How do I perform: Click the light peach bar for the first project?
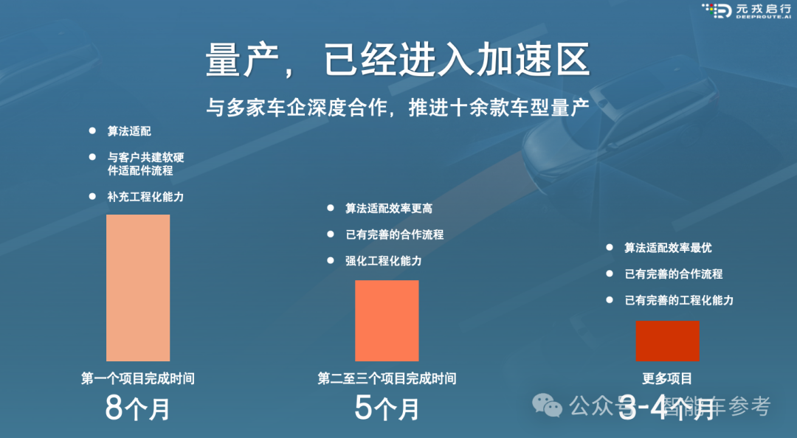click(138, 288)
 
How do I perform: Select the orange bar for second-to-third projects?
click(387, 321)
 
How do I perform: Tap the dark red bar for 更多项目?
click(667, 341)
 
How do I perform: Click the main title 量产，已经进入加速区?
click(398, 60)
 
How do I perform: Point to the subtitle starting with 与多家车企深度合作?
click(398, 107)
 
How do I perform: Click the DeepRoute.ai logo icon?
click(717, 10)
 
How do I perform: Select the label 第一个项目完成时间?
click(138, 378)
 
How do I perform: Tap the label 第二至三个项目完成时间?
click(387, 378)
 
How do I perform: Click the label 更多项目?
click(667, 378)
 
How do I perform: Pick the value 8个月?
click(138, 408)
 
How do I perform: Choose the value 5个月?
click(387, 408)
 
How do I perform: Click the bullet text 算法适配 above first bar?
click(129, 131)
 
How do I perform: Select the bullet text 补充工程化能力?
click(145, 197)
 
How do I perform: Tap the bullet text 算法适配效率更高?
click(389, 209)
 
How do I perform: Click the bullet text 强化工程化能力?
click(383, 261)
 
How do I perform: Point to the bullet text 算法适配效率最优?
click(668, 248)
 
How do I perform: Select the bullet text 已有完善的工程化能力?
click(679, 300)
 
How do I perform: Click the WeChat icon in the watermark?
click(547, 406)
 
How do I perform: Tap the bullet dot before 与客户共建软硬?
click(92, 157)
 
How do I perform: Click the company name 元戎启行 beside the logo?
click(764, 8)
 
